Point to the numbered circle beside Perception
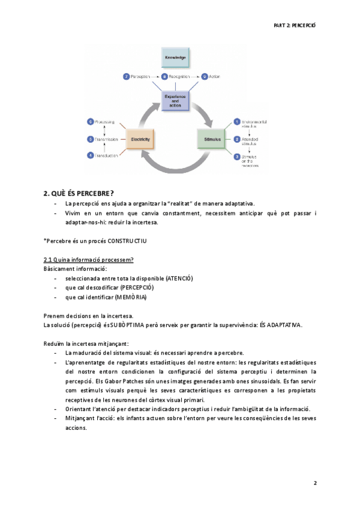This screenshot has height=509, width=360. (x=127, y=77)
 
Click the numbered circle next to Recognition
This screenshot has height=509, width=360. (x=164, y=77)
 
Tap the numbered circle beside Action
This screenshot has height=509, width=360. (x=205, y=77)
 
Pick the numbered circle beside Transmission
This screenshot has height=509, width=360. (x=90, y=139)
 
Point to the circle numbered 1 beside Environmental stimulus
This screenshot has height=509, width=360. (x=236, y=122)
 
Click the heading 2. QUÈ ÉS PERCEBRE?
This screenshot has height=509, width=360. (x=79, y=193)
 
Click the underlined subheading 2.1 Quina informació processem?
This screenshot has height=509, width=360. (x=88, y=259)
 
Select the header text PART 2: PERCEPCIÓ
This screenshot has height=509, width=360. (x=293, y=25)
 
